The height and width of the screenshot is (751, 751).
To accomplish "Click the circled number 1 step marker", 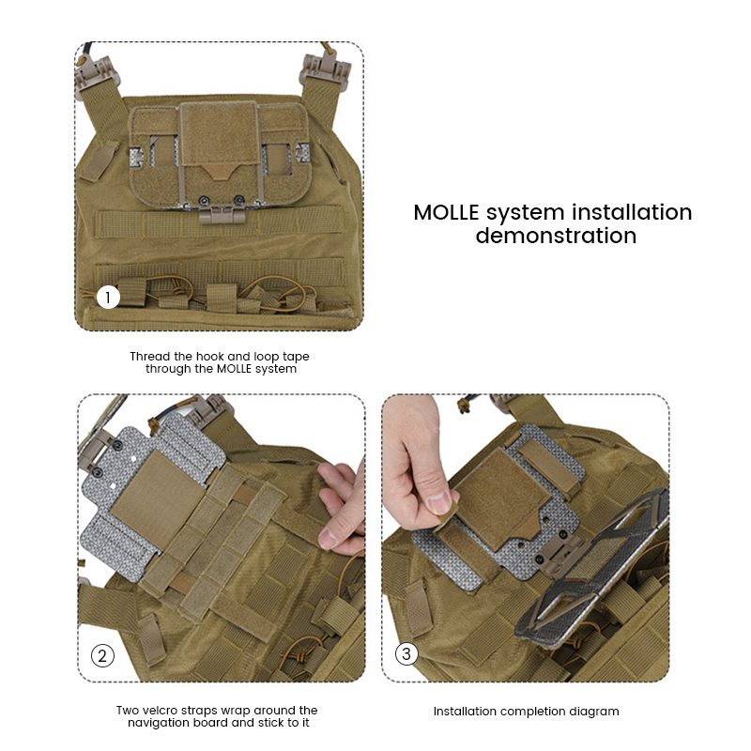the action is tap(108, 298).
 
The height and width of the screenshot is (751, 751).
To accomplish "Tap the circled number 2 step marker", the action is tap(102, 655).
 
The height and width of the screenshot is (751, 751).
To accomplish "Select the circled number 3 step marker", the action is tap(406, 653).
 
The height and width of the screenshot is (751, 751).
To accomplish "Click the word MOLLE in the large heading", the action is tap(446, 213).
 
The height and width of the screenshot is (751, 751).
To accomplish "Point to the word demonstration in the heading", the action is tap(556, 236).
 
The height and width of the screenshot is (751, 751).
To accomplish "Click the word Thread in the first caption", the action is tap(150, 357).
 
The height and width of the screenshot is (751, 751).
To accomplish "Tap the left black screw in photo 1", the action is tap(204, 200).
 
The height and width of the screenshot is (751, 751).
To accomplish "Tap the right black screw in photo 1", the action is tap(238, 199).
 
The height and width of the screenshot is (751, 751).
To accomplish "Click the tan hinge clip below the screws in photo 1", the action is tap(222, 216).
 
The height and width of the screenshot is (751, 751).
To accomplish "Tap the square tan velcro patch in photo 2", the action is tap(158, 497).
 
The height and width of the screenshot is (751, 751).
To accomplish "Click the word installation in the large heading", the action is tap(632, 213).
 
